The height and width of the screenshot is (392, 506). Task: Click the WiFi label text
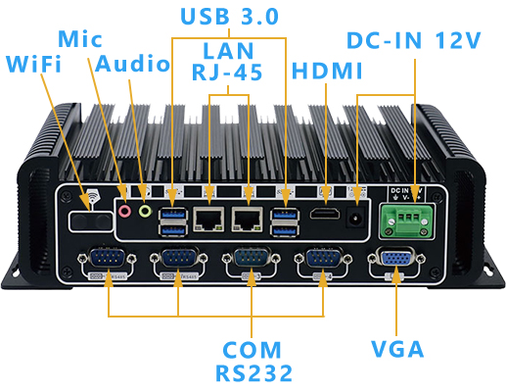(x=33, y=65)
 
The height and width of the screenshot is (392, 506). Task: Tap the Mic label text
(x=80, y=39)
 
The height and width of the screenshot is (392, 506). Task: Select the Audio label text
(x=132, y=65)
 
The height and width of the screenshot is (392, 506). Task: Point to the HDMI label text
(x=328, y=72)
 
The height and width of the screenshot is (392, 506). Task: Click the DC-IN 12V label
(x=414, y=41)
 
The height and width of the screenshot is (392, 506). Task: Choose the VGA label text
(x=397, y=349)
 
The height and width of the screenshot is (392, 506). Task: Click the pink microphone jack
(x=124, y=209)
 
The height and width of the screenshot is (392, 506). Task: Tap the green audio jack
(x=145, y=209)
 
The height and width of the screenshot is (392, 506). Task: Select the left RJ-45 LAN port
(x=208, y=218)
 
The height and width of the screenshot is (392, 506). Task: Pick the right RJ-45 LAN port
(x=247, y=218)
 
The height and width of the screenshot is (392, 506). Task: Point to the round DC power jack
(x=357, y=218)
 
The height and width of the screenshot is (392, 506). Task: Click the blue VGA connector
(x=395, y=262)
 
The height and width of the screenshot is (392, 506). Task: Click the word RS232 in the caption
(x=252, y=373)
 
